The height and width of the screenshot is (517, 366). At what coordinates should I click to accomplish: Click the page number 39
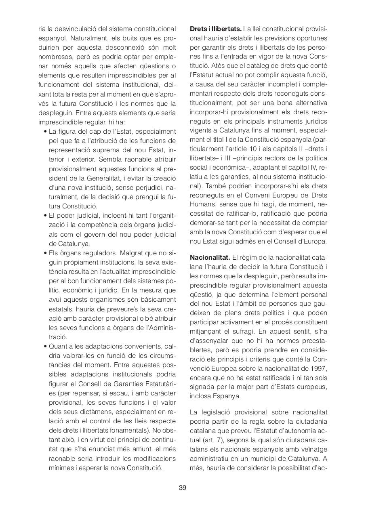coord(183,488)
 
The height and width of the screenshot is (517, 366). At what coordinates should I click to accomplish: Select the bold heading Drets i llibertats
coord(216,29)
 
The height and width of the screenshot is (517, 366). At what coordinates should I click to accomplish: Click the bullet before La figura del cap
coord(44,132)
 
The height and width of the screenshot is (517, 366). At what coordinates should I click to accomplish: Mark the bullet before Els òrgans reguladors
coord(44,253)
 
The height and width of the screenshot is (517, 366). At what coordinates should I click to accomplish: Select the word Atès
coord(212,66)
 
